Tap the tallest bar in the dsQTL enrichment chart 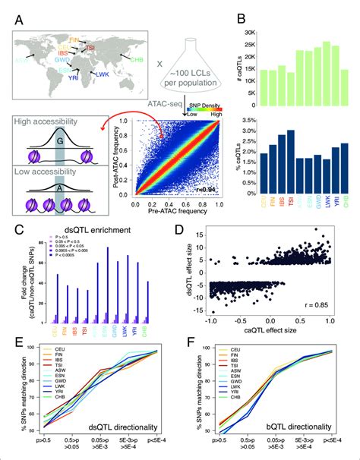pos(107,285)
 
